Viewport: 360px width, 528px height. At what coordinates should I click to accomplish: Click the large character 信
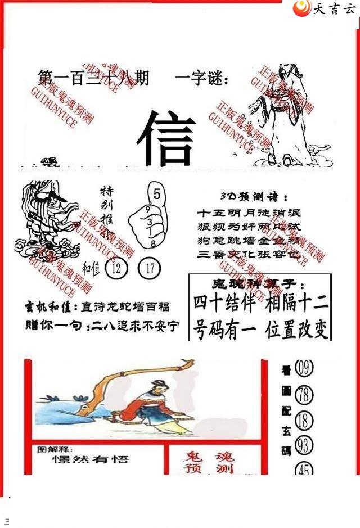pyautogui.click(x=166, y=138)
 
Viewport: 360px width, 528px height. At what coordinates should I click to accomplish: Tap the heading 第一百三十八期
pyautogui.click(x=93, y=79)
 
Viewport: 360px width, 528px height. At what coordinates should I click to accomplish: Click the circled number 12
pyautogui.click(x=117, y=268)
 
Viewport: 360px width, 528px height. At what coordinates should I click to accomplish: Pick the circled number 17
pyautogui.click(x=150, y=268)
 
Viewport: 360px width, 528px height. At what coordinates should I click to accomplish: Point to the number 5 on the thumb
pyautogui.click(x=156, y=195)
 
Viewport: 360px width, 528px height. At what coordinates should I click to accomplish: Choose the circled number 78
pyautogui.click(x=303, y=395)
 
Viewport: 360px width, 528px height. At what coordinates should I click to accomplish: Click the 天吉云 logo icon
pyautogui.click(x=303, y=8)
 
